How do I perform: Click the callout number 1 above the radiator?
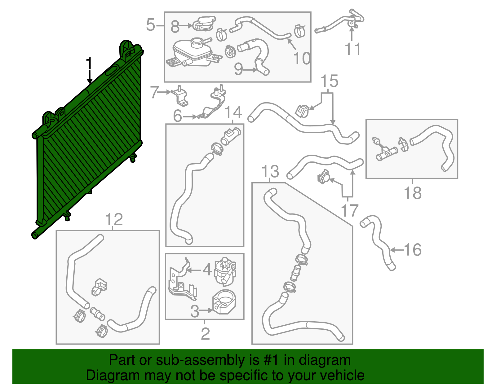click(x=89, y=64)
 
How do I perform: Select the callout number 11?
click(x=353, y=49)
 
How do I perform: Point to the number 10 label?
click(x=302, y=58)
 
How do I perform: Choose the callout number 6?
click(x=177, y=116)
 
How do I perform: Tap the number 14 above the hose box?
click(x=233, y=112)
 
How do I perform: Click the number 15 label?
click(x=329, y=81)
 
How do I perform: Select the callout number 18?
click(x=413, y=193)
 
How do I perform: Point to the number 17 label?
click(x=349, y=210)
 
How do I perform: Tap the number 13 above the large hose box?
click(x=270, y=171)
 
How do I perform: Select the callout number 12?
click(x=114, y=219)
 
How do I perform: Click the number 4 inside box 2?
click(x=207, y=270)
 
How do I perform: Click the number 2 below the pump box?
click(x=205, y=333)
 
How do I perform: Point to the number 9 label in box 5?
click(x=238, y=69)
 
